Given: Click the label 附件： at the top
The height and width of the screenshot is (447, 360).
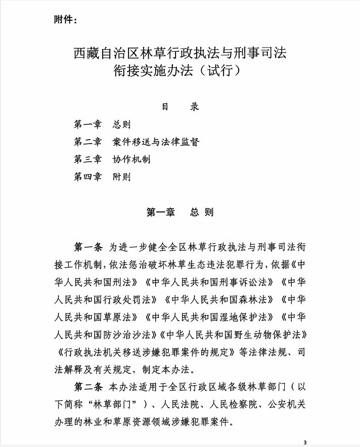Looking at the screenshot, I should [65, 20].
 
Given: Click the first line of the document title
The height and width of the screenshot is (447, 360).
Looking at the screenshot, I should [180, 53].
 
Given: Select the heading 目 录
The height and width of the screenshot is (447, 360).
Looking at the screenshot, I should [180, 107].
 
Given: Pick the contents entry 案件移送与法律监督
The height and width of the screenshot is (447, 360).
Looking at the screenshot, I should [156, 142].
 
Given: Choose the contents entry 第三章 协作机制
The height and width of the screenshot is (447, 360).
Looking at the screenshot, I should [112, 159].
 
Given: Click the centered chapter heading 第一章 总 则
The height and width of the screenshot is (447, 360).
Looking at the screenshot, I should [180, 212].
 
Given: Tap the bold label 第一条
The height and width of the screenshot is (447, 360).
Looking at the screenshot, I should [88, 247].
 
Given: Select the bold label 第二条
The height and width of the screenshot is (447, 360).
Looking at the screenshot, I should [88, 388].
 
